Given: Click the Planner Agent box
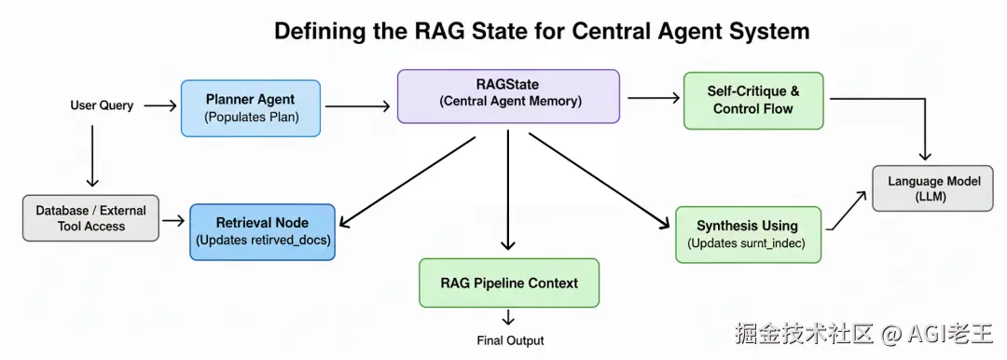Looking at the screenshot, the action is point(251,108).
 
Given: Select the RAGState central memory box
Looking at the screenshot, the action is point(508,96).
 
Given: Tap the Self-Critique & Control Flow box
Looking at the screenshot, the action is point(752,101).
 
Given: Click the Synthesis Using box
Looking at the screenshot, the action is point(748,235).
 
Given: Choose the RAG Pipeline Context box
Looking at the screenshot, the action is point(509,283).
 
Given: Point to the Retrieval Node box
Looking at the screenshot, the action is point(262,231).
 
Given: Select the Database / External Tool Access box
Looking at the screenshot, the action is point(90,218).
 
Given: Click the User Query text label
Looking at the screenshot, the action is point(102,105).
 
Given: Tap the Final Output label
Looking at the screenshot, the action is point(510,340).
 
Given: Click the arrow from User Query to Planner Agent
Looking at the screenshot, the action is point(160,105).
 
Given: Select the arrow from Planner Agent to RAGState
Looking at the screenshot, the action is point(358,106).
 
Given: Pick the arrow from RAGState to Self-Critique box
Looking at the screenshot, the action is point(653,98).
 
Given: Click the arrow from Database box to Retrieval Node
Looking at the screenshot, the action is point(173,221).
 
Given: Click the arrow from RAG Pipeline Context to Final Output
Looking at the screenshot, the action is point(509,316).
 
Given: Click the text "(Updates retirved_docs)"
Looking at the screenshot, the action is point(262,242).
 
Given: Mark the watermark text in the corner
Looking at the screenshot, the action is point(863,332).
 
